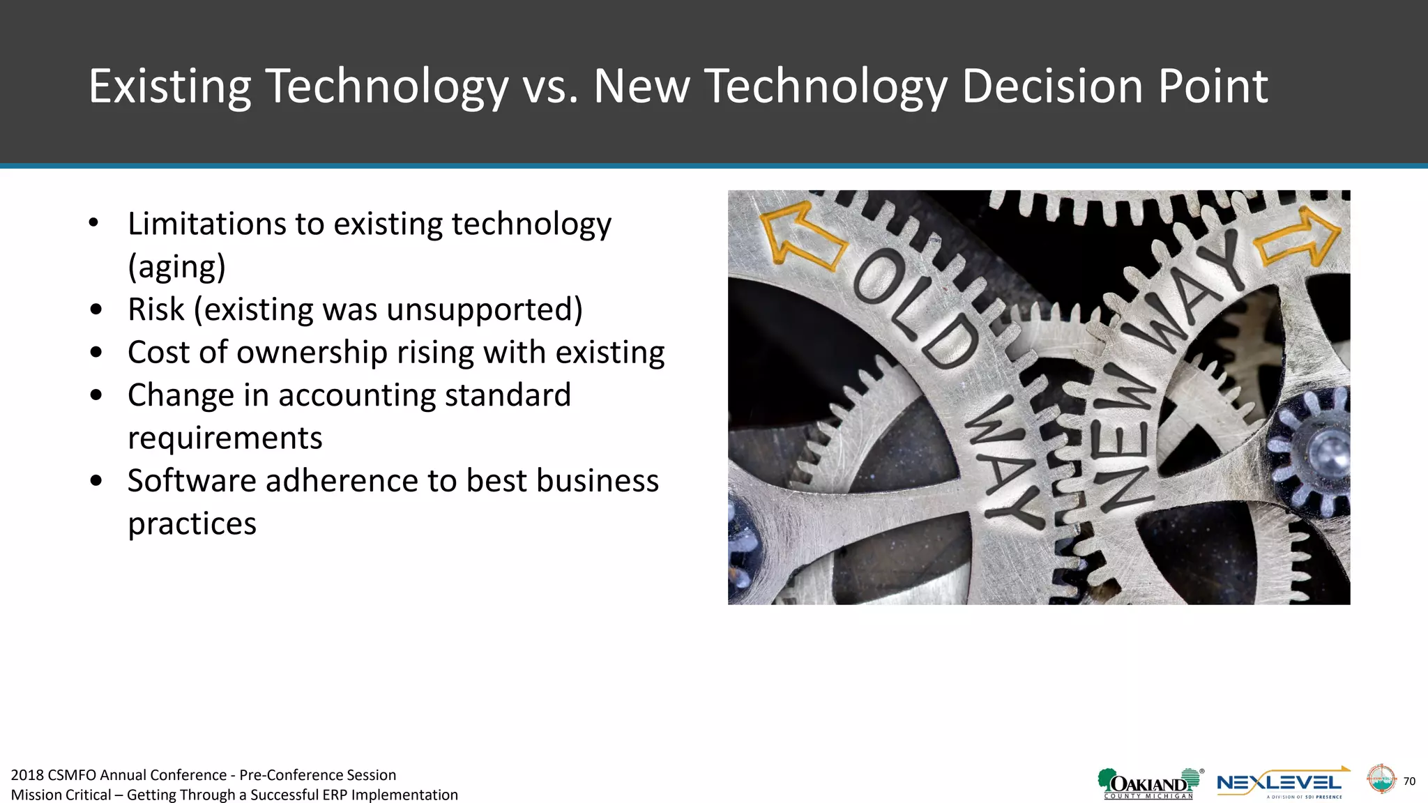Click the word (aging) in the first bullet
177,267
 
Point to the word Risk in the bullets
156,309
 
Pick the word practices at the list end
192,523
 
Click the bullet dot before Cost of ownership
96,353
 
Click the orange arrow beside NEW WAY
1298,239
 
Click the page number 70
1409,781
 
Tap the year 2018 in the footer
27,775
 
